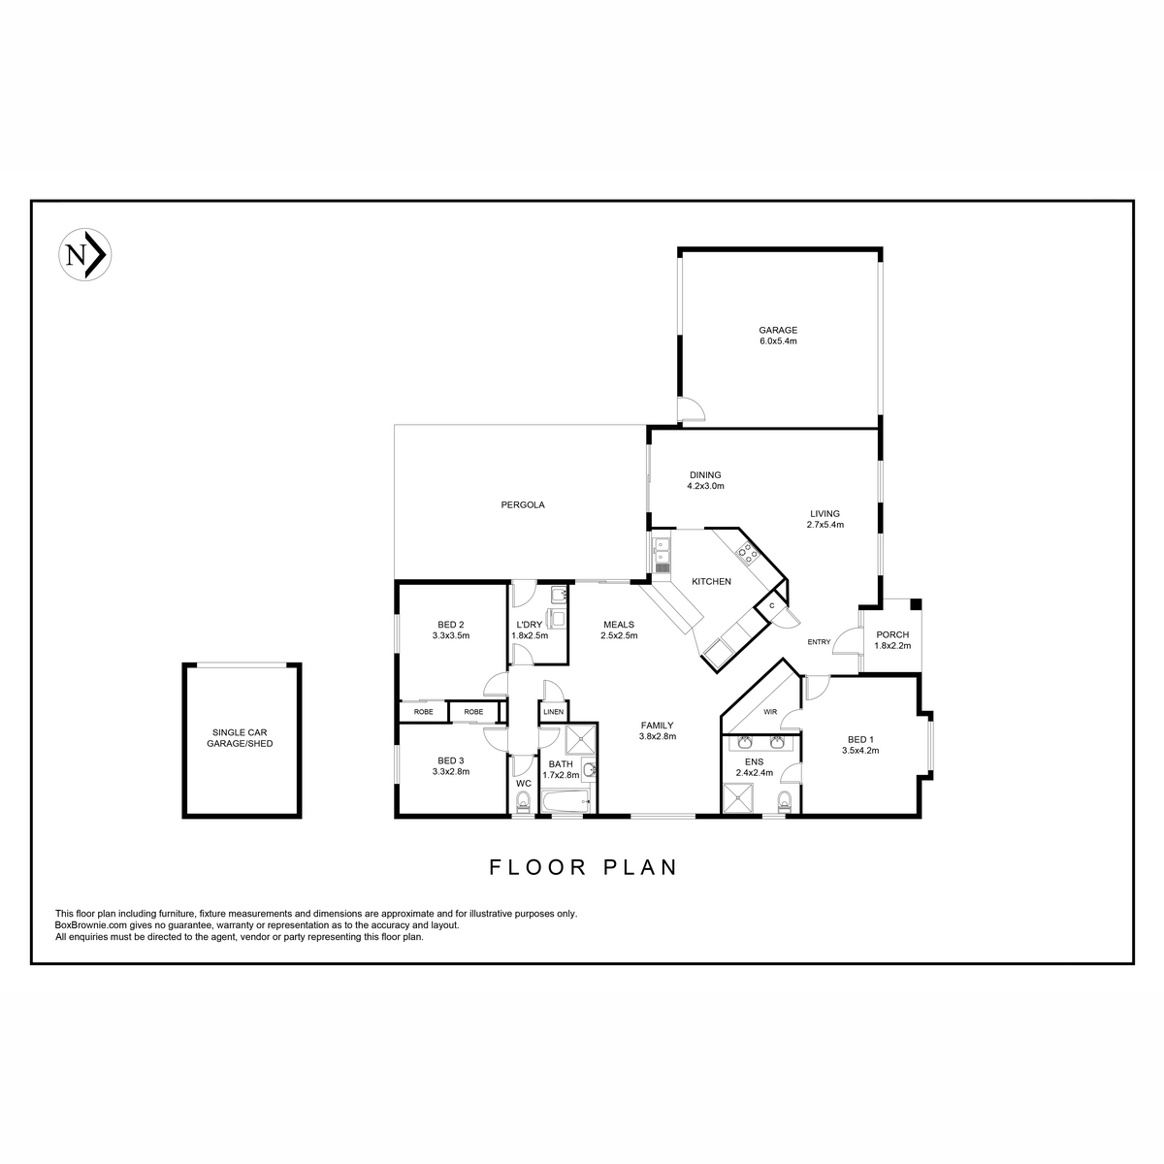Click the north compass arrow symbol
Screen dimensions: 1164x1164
coord(85,254)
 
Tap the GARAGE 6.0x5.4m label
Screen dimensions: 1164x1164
coord(777,336)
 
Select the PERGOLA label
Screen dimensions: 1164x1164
coord(523,505)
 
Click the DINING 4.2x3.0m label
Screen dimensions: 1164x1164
coord(705,480)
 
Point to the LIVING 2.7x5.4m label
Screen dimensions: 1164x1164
coord(824,519)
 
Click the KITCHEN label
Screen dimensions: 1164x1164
coord(711,582)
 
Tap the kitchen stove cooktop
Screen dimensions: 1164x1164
coord(747,553)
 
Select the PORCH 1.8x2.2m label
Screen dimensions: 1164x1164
coord(892,639)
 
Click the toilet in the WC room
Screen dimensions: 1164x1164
coord(523,803)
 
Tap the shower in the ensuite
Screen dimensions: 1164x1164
coord(738,798)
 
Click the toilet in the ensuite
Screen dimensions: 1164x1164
coord(784,801)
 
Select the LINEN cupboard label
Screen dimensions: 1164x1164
coord(553,712)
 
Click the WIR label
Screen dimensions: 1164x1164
coord(770,712)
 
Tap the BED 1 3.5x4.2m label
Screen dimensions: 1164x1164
coord(860,745)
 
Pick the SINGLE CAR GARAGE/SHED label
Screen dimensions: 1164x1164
coord(240,738)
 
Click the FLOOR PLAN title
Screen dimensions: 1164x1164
coord(583,867)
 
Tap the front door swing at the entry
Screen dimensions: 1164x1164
coord(846,641)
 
